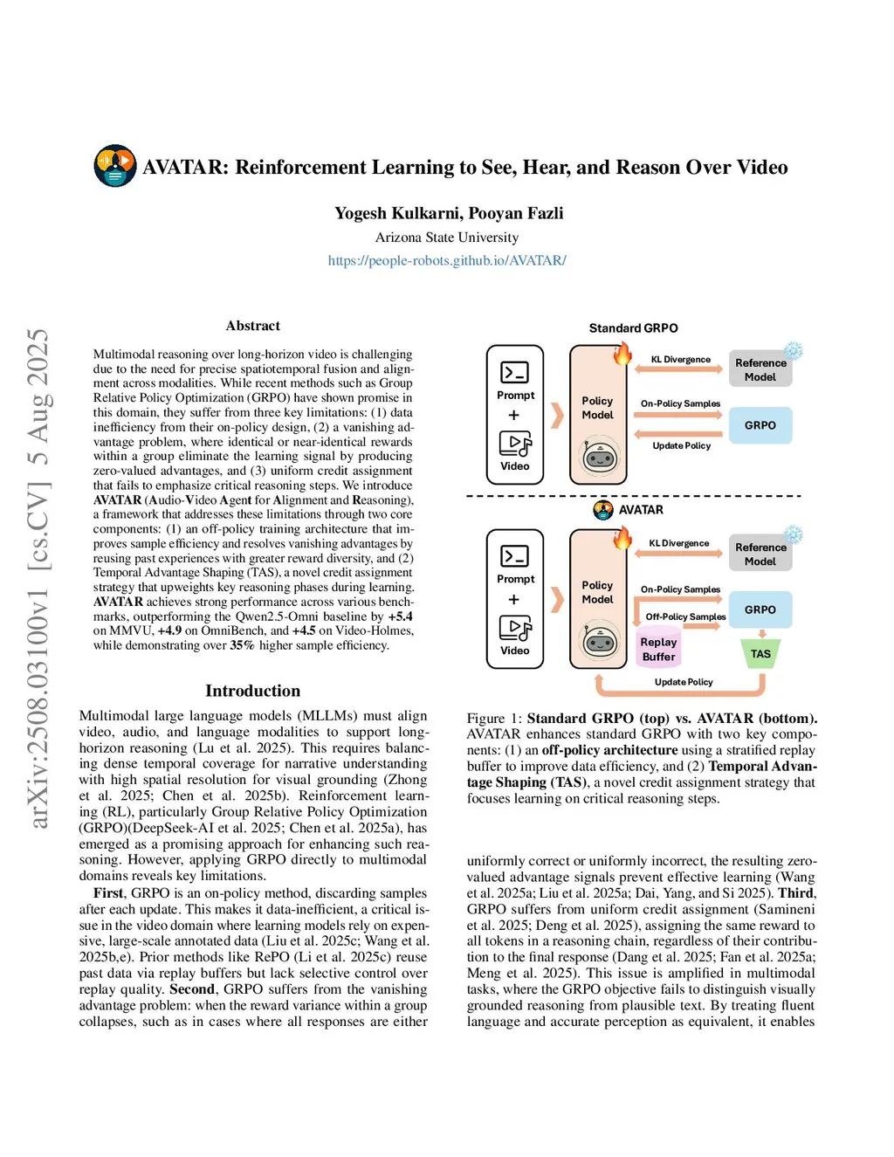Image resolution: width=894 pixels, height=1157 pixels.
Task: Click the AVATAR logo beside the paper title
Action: (x=115, y=166)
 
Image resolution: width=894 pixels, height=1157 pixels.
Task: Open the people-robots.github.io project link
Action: (x=447, y=260)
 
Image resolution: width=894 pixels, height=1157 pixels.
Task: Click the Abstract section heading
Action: (x=252, y=326)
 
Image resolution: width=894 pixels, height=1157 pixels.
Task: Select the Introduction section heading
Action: (x=252, y=691)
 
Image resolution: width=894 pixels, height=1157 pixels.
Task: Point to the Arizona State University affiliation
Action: (x=447, y=238)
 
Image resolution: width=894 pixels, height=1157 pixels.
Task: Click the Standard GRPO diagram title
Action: (x=633, y=328)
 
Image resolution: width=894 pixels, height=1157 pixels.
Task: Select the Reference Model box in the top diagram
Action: (x=760, y=369)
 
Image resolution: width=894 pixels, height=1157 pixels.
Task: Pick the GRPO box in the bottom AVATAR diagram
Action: (x=760, y=609)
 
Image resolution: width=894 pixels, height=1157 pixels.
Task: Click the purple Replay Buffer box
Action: (x=658, y=650)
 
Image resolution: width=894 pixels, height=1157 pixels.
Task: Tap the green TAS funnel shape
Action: (x=760, y=654)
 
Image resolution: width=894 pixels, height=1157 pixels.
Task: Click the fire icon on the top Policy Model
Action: (x=622, y=354)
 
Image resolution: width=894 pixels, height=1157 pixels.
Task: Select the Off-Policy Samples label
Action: (x=685, y=616)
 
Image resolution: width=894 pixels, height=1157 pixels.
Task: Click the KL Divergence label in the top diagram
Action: (x=681, y=360)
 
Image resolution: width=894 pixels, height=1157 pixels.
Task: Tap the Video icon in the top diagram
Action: (x=515, y=444)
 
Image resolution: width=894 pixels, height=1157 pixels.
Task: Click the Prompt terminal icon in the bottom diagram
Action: (x=515, y=556)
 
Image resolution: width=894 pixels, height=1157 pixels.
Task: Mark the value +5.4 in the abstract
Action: (x=401, y=616)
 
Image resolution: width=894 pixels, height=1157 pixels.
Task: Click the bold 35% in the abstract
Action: (x=242, y=645)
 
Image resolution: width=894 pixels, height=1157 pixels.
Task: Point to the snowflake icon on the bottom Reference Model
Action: (x=793, y=534)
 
